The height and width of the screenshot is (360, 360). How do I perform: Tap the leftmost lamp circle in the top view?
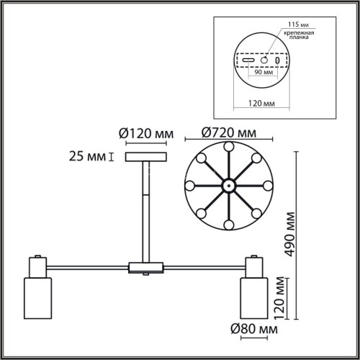pyautogui.click(x=191, y=185)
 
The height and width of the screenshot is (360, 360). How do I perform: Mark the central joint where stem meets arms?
pyautogui.click(x=145, y=269)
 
